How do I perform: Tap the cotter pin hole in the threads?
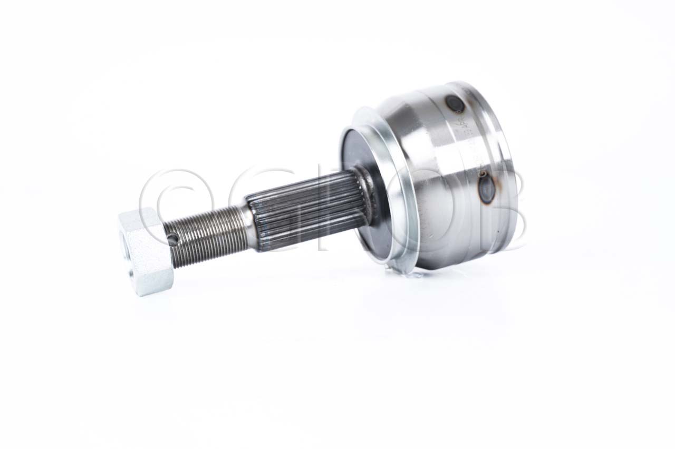(x=172, y=240)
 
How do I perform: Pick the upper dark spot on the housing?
(x=454, y=104)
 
